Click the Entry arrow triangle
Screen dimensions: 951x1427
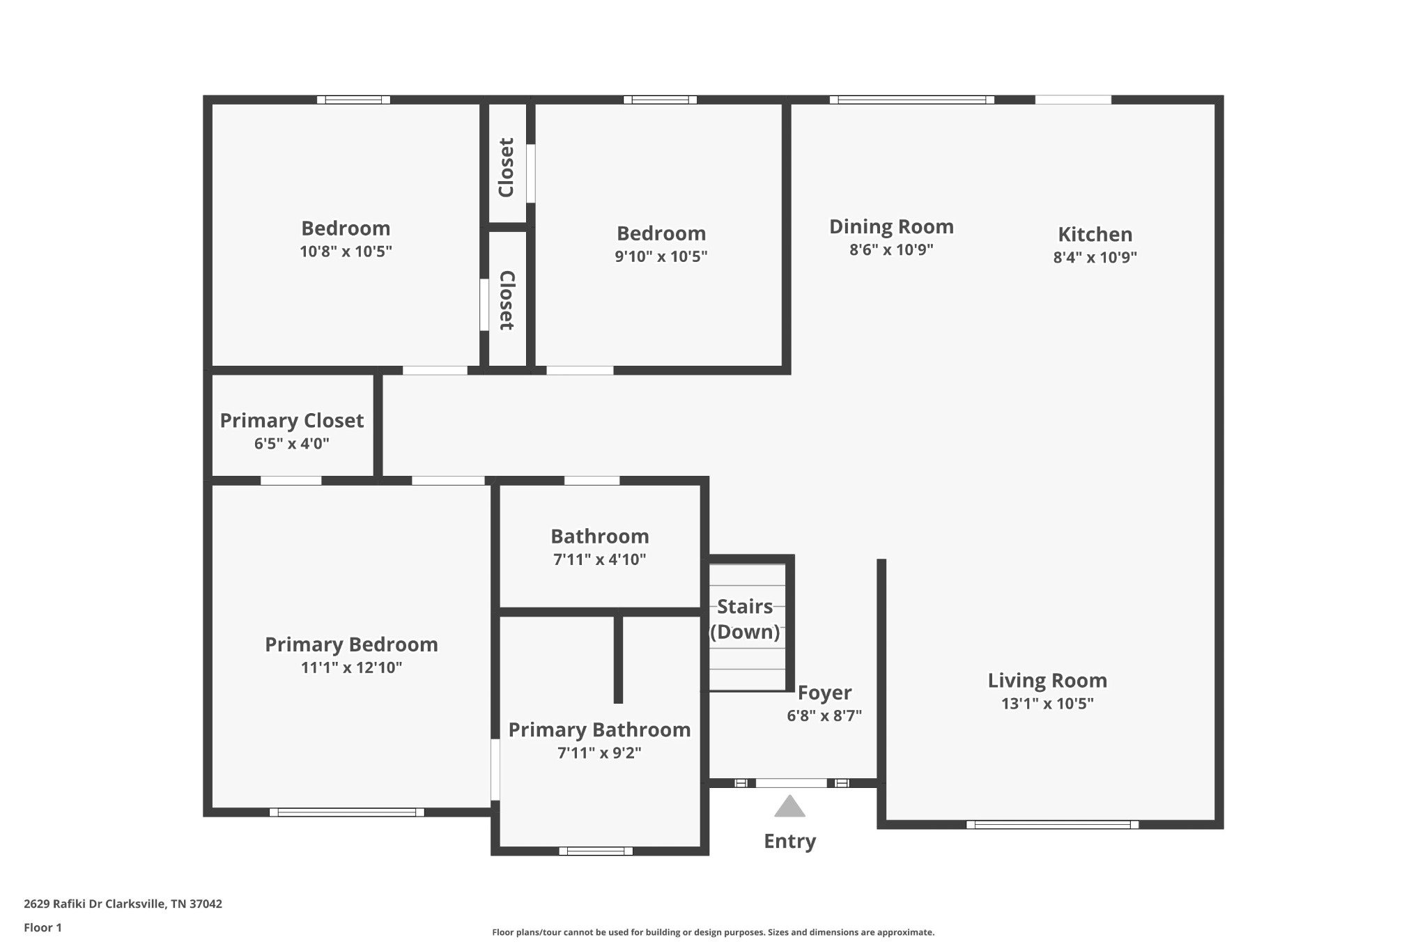pyautogui.click(x=789, y=807)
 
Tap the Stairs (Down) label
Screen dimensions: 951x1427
pyautogui.click(x=745, y=619)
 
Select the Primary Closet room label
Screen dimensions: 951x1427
pyautogui.click(x=291, y=421)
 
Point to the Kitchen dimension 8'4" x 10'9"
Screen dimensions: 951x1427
pyautogui.click(x=1095, y=257)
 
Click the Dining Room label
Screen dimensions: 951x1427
pyautogui.click(x=891, y=226)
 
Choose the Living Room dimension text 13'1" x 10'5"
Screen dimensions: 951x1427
pyautogui.click(x=1047, y=704)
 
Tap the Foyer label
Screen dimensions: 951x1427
pyautogui.click(x=824, y=693)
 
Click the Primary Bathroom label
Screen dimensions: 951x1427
pyautogui.click(x=599, y=729)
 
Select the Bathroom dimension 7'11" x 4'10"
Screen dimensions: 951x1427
pyautogui.click(x=599, y=559)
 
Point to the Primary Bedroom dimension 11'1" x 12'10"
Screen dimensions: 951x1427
pyautogui.click(x=351, y=667)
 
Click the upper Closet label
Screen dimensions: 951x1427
pyautogui.click(x=507, y=167)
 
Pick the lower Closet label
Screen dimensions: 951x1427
pyautogui.click(x=507, y=300)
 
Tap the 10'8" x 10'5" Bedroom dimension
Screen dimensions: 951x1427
pyautogui.click(x=346, y=252)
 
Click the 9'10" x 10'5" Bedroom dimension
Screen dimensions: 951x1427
pyautogui.click(x=661, y=256)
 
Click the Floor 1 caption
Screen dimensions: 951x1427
pyautogui.click(x=43, y=927)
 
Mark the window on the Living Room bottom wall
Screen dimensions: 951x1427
pyautogui.click(x=1052, y=825)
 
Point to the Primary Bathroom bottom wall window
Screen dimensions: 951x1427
pyautogui.click(x=596, y=851)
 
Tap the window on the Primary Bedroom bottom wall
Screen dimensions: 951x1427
pyautogui.click(x=347, y=812)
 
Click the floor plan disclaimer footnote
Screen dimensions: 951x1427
pyautogui.click(x=713, y=932)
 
